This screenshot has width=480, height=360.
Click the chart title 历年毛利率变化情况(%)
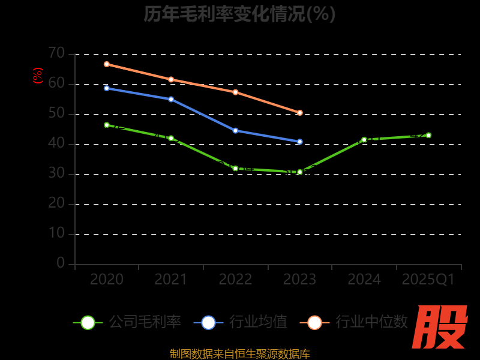(239, 13)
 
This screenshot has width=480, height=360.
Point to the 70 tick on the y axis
(56, 53)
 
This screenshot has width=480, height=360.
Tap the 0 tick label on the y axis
(61, 263)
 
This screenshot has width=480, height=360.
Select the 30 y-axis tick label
(56, 173)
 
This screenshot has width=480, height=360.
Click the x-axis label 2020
(107, 280)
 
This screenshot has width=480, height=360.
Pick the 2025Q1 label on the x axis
(428, 280)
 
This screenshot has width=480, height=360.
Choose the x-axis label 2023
(299, 280)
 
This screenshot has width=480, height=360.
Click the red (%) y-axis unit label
(38, 76)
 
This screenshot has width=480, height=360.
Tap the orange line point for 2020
(107, 64)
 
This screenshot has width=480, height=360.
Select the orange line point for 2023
(300, 113)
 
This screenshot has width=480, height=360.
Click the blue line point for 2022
(235, 130)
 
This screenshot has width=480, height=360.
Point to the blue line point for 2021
(171, 99)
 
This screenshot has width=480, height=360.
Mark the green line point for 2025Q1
(428, 135)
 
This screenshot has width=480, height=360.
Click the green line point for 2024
(364, 139)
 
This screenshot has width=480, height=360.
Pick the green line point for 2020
(107, 125)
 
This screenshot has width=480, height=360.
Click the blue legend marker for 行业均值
(208, 322)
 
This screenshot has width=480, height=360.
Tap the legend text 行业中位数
(371, 322)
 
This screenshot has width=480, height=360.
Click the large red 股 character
(441, 327)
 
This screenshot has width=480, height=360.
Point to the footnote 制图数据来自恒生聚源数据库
(239, 353)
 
